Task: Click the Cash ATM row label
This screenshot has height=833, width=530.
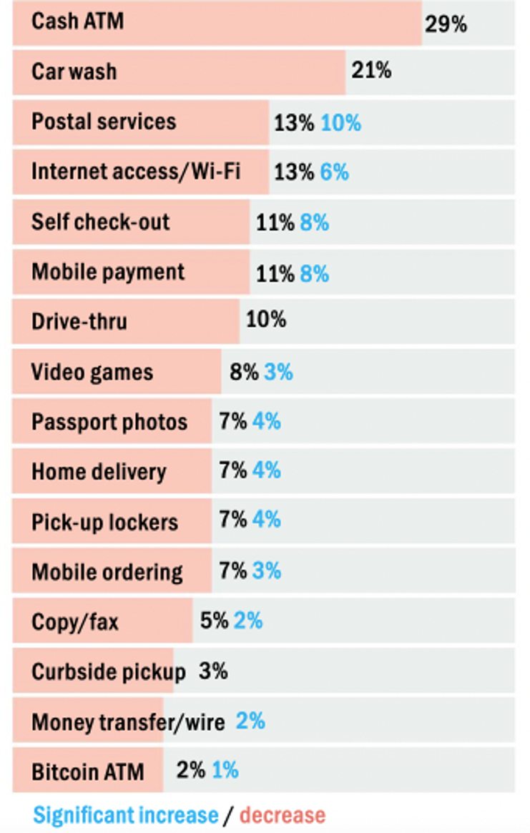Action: pos(77,21)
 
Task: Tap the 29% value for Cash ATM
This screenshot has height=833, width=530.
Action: pos(446,24)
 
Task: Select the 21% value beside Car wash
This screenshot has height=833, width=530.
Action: pos(370,71)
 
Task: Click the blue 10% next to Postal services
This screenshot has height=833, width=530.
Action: pos(340,123)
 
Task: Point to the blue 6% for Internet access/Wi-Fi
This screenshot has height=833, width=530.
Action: pos(334,172)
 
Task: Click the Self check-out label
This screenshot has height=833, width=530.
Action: pos(100,222)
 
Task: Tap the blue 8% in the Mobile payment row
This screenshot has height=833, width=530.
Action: pos(314,273)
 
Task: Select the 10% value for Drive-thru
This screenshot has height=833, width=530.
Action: pos(265,320)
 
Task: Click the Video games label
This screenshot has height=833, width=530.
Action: pos(92,373)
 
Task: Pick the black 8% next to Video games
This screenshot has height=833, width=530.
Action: pos(243,373)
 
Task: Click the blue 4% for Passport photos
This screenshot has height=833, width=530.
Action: pos(266,421)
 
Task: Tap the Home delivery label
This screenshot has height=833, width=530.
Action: pos(99,472)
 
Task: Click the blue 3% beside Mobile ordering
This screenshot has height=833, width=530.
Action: pos(266,571)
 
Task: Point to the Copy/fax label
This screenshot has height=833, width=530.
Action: pos(74,622)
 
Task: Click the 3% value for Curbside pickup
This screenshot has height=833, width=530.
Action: pos(213,671)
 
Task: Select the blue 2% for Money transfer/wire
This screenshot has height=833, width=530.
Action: pos(250,721)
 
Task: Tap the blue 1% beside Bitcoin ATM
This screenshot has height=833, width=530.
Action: pos(225,770)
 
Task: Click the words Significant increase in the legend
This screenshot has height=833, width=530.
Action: pos(125,815)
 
